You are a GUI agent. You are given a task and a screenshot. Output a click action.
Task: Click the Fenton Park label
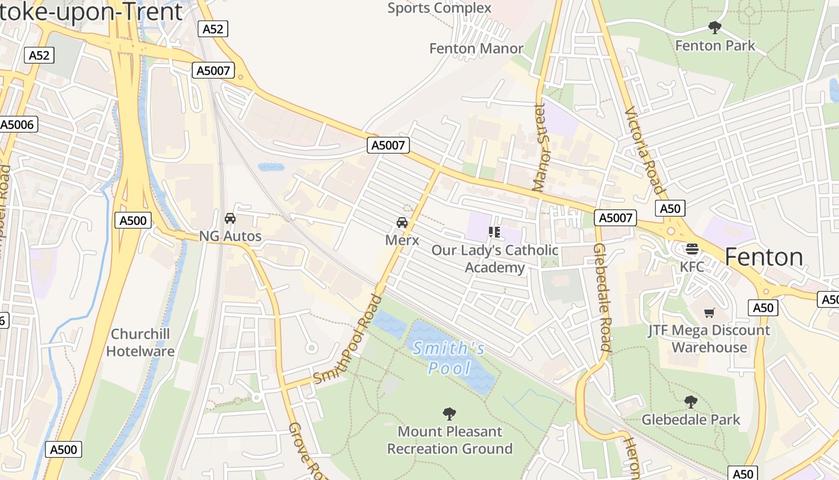point(715,46)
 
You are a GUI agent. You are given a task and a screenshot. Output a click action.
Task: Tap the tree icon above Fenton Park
point(714,27)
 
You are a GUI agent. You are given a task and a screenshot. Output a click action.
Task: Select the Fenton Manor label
point(476,49)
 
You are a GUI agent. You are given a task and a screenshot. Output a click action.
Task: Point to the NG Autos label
point(230,236)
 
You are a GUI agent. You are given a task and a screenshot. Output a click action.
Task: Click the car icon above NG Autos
point(230,219)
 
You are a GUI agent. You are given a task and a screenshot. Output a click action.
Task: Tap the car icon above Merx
point(402,223)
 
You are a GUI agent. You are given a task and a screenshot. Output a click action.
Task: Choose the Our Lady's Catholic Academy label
point(495,259)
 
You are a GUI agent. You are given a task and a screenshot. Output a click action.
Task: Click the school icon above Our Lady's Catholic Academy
point(494,232)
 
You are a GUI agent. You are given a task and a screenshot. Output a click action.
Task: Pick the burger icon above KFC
point(692,248)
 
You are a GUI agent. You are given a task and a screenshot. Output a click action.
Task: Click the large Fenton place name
point(763,257)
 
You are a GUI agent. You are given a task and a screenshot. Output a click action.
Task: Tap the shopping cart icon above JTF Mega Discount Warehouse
point(710,313)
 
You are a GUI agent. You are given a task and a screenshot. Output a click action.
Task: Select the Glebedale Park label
point(691,419)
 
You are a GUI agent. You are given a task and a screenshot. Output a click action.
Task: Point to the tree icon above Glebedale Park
point(690,402)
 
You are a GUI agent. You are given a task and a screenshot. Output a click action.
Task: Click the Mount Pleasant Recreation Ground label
point(449,440)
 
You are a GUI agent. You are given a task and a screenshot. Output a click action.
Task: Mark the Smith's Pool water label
point(449,358)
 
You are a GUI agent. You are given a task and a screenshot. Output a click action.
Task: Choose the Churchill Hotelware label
point(140,343)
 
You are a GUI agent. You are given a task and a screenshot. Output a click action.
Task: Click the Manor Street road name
point(541,148)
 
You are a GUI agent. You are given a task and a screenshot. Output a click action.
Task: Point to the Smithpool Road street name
point(348,339)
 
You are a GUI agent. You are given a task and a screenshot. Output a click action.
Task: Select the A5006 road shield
point(18,125)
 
